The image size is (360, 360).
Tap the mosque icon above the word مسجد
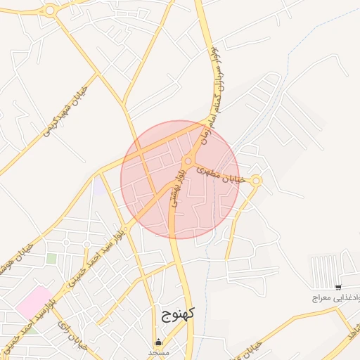[x=159, y=342]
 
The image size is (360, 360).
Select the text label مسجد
[x=159, y=351]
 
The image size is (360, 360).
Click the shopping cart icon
[x=338, y=287]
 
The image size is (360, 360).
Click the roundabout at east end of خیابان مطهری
[x=256, y=181]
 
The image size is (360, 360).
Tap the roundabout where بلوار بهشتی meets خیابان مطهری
[x=188, y=162]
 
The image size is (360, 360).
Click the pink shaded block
[x=34, y=301]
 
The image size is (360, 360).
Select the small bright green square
[x=51, y=259]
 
